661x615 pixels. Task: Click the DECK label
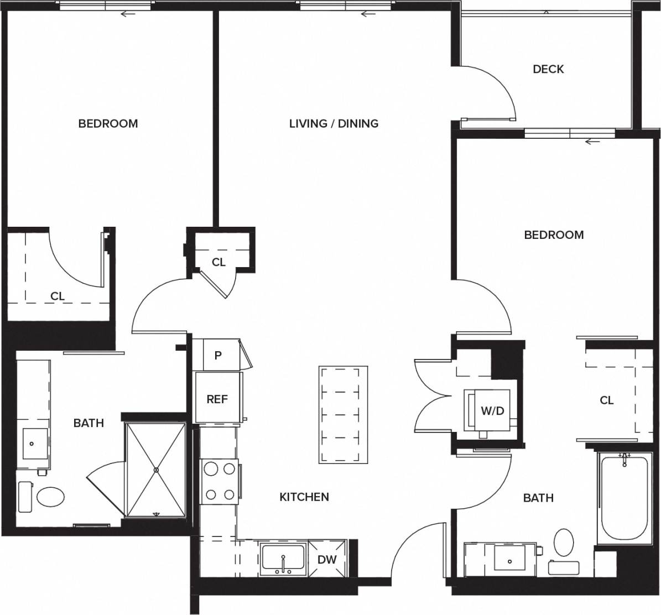[548, 69]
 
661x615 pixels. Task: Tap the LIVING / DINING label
[334, 123]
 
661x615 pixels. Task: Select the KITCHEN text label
[304, 497]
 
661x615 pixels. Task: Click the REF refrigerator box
[217, 398]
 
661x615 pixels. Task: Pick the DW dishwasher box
[327, 559]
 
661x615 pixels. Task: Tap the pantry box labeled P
[218, 355]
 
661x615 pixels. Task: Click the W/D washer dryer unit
[491, 411]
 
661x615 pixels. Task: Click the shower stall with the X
[156, 470]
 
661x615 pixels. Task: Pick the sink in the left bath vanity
[32, 444]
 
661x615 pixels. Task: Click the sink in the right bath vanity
[509, 559]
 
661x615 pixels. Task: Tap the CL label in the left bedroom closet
[58, 296]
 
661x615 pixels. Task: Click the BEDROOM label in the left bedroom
[108, 123]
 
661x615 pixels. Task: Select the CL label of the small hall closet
[218, 262]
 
